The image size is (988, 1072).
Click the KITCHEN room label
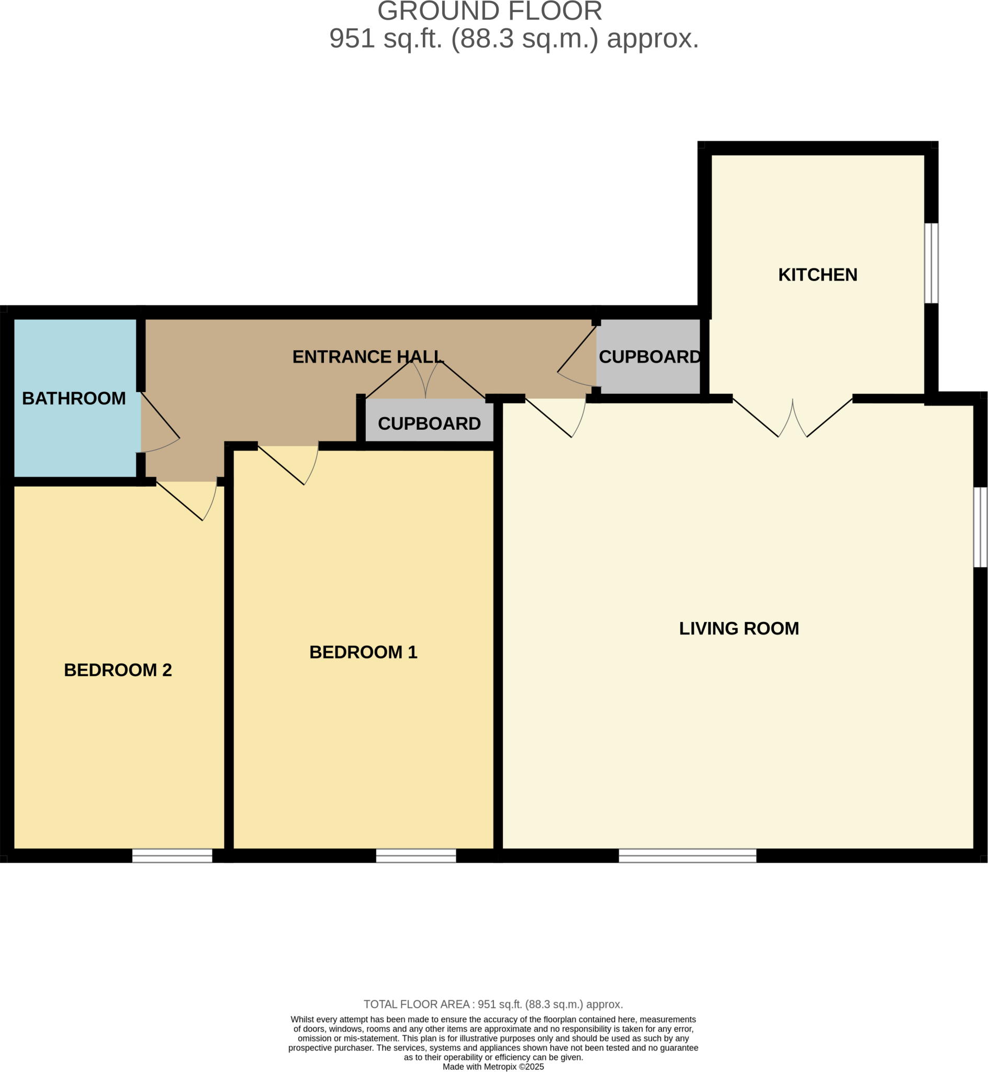tap(817, 275)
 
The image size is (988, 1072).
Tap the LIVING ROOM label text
tap(738, 628)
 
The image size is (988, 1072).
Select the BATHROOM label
tap(74, 398)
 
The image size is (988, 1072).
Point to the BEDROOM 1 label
tap(363, 652)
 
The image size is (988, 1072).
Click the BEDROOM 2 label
tap(118, 670)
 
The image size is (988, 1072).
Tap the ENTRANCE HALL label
tap(368, 356)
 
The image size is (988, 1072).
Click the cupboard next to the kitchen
tap(649, 356)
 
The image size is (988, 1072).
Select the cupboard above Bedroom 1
tap(429, 423)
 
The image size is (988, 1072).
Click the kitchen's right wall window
tap(931, 263)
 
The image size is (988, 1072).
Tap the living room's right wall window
tap(980, 527)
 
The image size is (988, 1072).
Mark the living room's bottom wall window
tap(687, 855)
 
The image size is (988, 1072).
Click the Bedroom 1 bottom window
tap(416, 855)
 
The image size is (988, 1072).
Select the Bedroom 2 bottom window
tap(172, 855)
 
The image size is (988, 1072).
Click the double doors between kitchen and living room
tap(792, 420)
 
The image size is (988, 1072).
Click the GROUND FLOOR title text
tap(489, 12)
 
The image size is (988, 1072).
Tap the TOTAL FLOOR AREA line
tap(493, 1004)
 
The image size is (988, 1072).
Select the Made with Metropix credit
tap(493, 1067)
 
